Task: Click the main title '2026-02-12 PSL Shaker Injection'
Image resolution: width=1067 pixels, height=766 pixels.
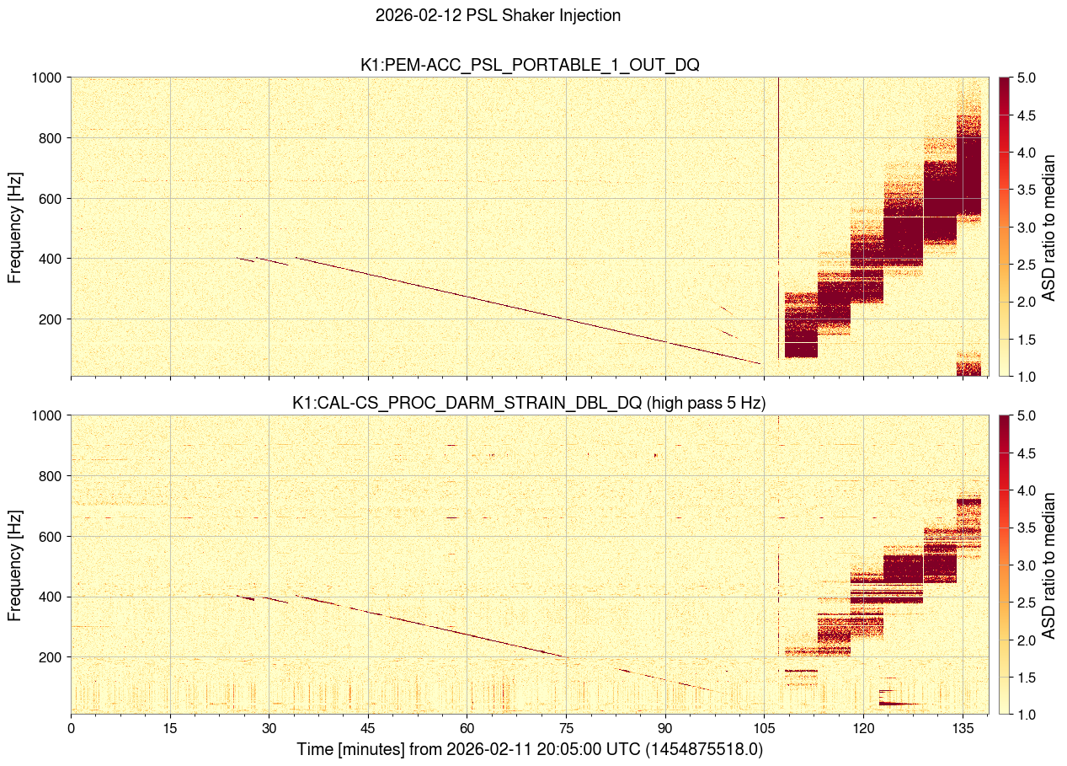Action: [x=498, y=15]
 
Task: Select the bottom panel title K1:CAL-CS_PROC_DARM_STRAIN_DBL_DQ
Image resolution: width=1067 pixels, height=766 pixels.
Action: [x=528, y=403]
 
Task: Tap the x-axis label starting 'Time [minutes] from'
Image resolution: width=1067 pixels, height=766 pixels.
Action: [x=530, y=749]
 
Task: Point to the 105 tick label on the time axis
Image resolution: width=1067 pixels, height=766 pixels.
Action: [x=764, y=727]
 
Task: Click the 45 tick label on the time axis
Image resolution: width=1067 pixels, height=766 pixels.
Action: [x=368, y=727]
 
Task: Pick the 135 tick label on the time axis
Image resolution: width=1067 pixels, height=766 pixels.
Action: [x=962, y=727]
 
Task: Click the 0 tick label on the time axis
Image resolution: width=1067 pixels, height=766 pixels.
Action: [x=72, y=727]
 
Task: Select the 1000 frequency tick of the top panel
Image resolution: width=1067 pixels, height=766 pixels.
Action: [x=47, y=78]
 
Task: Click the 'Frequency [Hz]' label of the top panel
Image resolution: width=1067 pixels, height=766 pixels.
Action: [x=15, y=228]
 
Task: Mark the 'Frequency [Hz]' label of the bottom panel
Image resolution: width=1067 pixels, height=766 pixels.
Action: [x=15, y=565]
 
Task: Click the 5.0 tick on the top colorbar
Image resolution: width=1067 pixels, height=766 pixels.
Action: [x=1027, y=78]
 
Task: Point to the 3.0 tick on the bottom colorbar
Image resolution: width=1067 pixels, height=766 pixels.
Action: [x=1027, y=565]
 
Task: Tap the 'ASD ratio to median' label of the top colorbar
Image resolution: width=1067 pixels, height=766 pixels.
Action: [x=1049, y=227]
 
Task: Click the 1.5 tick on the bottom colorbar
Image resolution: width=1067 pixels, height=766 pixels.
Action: [x=1027, y=677]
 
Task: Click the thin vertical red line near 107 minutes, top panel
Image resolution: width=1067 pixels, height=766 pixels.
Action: [x=778, y=169]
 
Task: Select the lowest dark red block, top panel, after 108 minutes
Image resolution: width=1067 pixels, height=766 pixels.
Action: [x=801, y=349]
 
